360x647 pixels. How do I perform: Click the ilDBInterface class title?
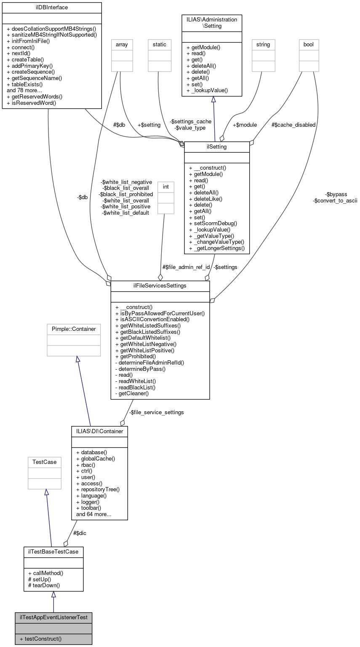click(x=52, y=8)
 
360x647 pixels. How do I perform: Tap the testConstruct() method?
click(x=40, y=639)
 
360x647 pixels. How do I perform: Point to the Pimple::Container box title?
click(x=74, y=329)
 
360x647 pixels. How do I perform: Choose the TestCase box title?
click(x=44, y=462)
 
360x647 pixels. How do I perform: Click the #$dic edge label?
click(x=80, y=533)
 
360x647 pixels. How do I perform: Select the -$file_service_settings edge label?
click(x=156, y=412)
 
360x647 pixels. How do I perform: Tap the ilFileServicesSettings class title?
click(x=160, y=286)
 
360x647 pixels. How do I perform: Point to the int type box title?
click(x=165, y=186)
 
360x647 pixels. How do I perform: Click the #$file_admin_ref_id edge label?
click(x=186, y=267)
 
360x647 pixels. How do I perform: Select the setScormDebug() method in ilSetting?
click(x=213, y=223)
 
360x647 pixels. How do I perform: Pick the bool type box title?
click(x=309, y=44)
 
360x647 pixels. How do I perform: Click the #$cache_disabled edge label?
click(x=293, y=125)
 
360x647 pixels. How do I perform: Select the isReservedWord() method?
click(x=32, y=103)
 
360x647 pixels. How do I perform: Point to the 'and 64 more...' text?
click(x=93, y=514)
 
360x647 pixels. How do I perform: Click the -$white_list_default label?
click(x=125, y=213)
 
